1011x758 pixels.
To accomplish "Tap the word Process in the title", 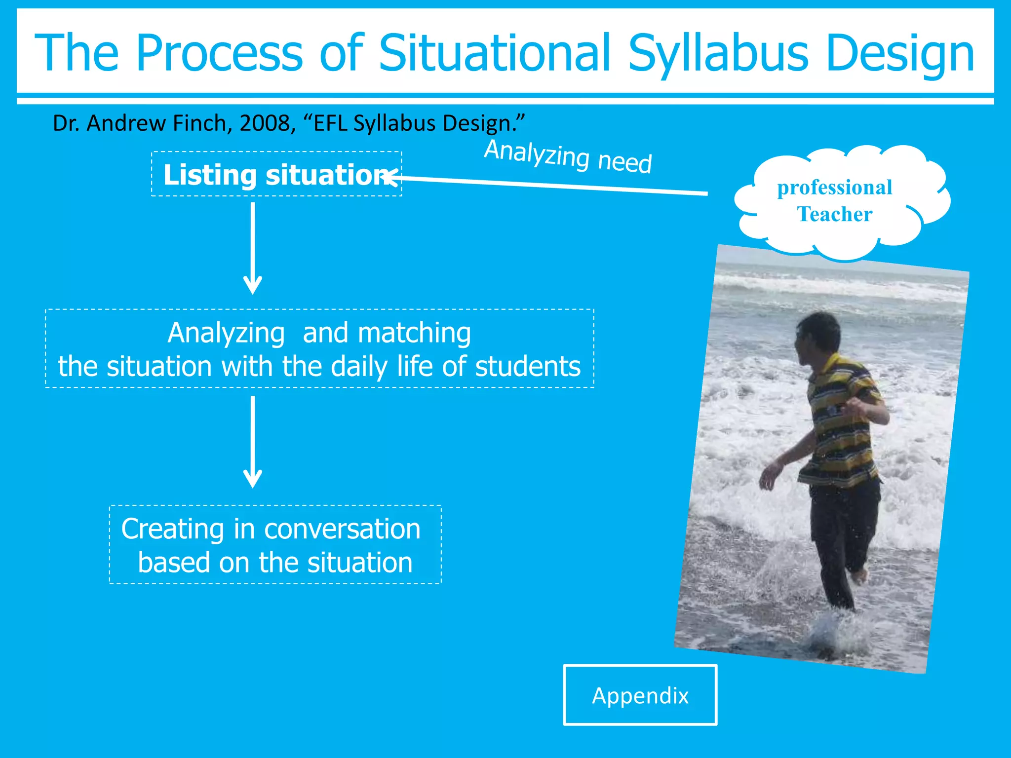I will pyautogui.click(x=219, y=52).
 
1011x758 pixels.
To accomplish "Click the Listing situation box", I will pyautogui.click(x=276, y=175).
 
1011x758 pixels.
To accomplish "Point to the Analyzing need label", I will pyautogui.click(x=568, y=156).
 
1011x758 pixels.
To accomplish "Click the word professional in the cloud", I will pyautogui.click(x=834, y=188).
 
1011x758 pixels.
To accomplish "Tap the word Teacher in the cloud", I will pyautogui.click(x=834, y=215).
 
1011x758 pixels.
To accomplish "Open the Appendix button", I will pyautogui.click(x=640, y=695).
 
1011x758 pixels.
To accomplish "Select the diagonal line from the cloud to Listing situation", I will pyautogui.click(x=553, y=186).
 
